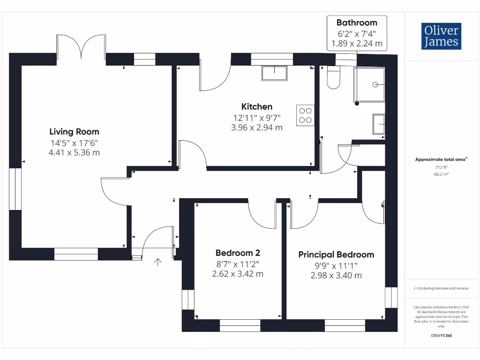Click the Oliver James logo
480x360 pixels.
tap(441, 36)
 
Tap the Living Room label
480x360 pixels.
tap(75, 132)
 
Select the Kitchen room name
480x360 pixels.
tap(257, 106)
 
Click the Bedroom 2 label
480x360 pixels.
tap(238, 253)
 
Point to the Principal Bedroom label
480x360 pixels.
tap(336, 255)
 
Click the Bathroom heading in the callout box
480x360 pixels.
tap(357, 22)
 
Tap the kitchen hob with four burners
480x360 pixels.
tap(305, 116)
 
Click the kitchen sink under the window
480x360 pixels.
tap(274, 73)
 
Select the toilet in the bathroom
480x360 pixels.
tap(333, 79)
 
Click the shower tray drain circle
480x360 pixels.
tap(375, 85)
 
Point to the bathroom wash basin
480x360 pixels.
tap(379, 125)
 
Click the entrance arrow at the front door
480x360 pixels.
tap(157, 262)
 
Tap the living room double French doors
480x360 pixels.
tap(82, 47)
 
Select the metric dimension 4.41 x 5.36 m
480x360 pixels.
tap(75, 152)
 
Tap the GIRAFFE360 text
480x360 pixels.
tap(441, 336)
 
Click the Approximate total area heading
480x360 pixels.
tap(441, 159)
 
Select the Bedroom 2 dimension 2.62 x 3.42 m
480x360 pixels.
tap(238, 274)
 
